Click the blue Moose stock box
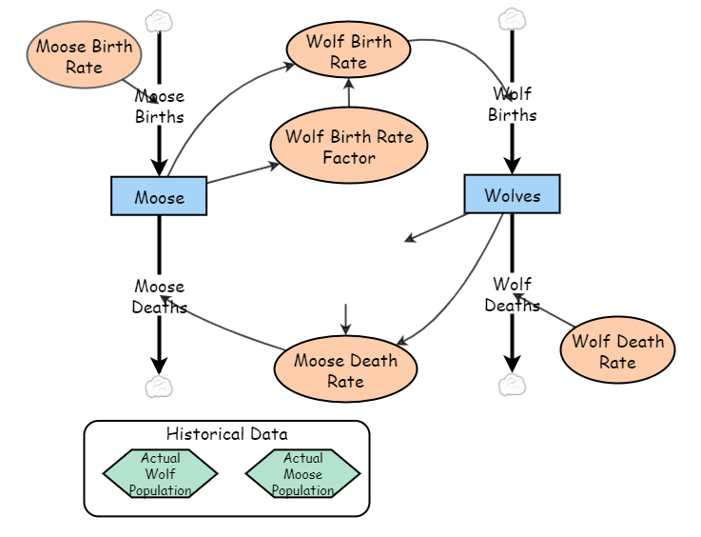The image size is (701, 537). click(159, 196)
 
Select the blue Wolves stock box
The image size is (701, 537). click(512, 194)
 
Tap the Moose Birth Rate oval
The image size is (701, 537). click(85, 55)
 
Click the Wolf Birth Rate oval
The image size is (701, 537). click(348, 51)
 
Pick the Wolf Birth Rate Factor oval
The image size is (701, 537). click(349, 146)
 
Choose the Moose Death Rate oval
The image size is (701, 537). click(345, 369)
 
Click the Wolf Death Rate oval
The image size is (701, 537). click(617, 350)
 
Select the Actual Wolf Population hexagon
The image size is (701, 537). click(160, 473)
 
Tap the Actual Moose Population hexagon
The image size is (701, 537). click(302, 473)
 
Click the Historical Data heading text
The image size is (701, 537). click(226, 434)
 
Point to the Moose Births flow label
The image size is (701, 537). click(159, 106)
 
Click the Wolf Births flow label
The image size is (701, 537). click(512, 104)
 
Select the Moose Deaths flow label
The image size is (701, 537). click(159, 296)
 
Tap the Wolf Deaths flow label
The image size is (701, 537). click(512, 294)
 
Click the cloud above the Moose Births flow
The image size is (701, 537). click(159, 21)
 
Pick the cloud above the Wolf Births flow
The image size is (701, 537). click(512, 19)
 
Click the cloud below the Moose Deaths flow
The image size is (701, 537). click(159, 386)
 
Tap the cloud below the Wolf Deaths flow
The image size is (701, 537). click(512, 384)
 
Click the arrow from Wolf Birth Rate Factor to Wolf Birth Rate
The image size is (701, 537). click(349, 93)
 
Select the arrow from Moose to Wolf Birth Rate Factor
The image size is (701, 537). click(243, 173)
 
